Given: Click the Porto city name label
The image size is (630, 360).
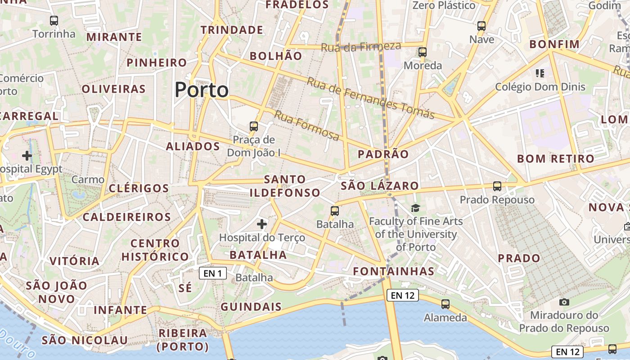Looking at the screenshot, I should pos(202,90).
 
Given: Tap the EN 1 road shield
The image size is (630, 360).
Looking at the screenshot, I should pos(212,273).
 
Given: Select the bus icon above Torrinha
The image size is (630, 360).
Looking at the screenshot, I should pos(54,20).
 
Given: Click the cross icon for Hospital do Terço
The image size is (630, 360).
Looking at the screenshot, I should pos(262,224).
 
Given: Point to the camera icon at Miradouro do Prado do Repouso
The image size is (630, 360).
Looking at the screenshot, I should pos(564,302).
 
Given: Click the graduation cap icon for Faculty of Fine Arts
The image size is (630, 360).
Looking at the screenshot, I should pos(415,208).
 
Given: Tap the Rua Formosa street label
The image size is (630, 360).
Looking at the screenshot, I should pos(306,126).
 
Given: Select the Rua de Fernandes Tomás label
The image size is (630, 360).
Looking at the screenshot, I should pos(370,98).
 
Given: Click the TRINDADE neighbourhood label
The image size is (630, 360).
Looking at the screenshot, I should pos(232,30).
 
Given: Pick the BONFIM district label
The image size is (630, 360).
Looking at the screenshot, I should pos(554,44).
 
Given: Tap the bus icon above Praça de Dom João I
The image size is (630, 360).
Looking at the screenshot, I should pos(254,126).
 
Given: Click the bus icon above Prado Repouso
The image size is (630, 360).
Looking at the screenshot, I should pos(497,186).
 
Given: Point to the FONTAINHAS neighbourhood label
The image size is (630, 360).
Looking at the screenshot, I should pos(394,271).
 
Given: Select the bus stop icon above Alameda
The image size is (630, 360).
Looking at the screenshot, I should pos(445,304).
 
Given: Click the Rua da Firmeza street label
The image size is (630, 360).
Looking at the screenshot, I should pos(361,46).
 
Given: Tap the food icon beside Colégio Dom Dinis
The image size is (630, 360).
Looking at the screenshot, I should pos(540,73).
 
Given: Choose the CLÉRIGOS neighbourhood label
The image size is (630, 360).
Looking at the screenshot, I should pos(139,188).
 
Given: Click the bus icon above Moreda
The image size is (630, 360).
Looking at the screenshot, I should pos(423,52).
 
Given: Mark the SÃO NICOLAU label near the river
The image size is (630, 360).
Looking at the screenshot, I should pos(85,340).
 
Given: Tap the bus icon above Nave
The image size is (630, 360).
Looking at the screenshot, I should pos(481,26).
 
